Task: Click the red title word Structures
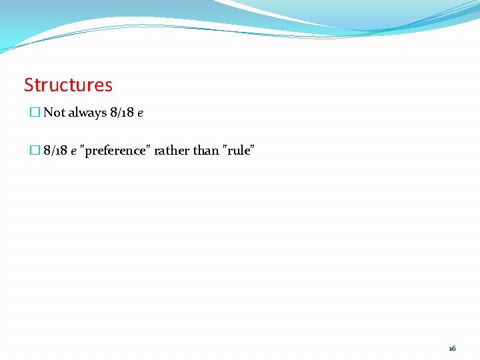(68, 85)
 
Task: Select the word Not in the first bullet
(54, 113)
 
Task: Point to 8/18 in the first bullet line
(121, 113)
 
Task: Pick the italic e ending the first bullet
(140, 114)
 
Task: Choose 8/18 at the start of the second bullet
(55, 151)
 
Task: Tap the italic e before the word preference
(73, 152)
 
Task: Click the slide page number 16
(452, 348)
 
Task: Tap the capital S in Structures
(29, 85)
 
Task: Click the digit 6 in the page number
(454, 348)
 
